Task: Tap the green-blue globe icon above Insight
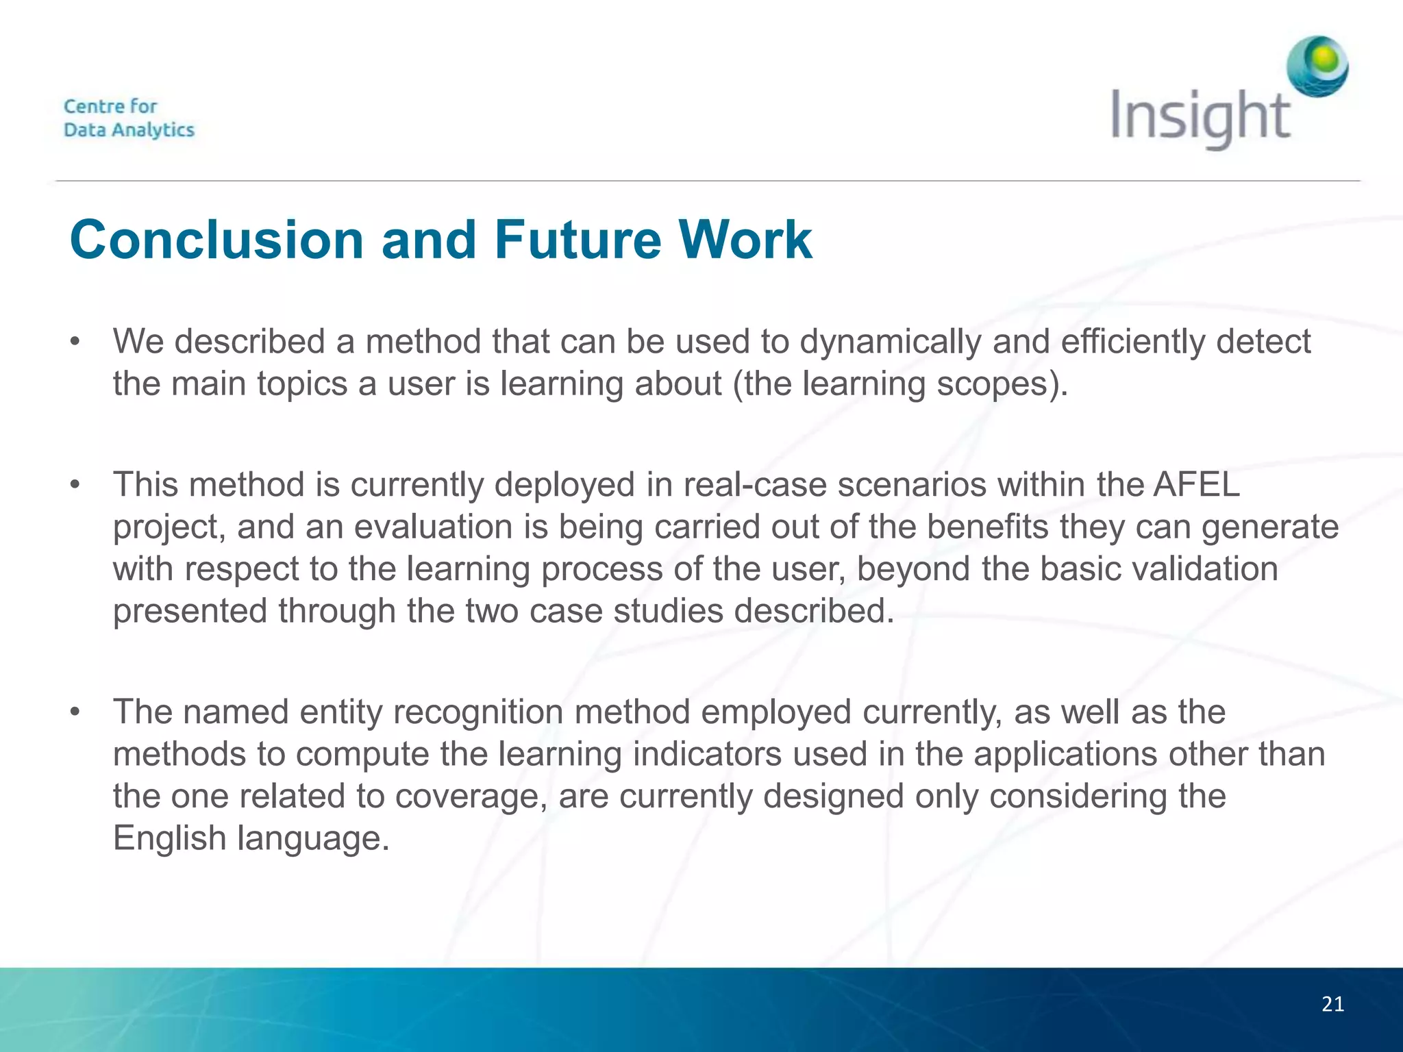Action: [x=1317, y=66]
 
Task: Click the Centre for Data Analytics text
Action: [x=129, y=118]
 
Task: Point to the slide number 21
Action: [x=1332, y=1005]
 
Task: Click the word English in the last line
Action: [x=169, y=838]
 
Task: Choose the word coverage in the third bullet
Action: [x=471, y=797]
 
